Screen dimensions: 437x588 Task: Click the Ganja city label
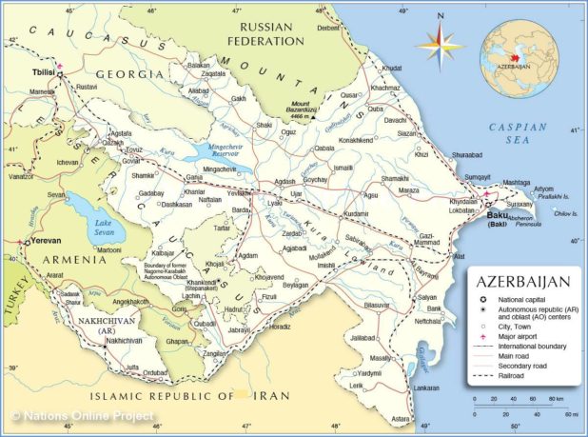[197, 177]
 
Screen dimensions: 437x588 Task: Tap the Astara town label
[400, 418]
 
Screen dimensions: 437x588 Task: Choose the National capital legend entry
[524, 299]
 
